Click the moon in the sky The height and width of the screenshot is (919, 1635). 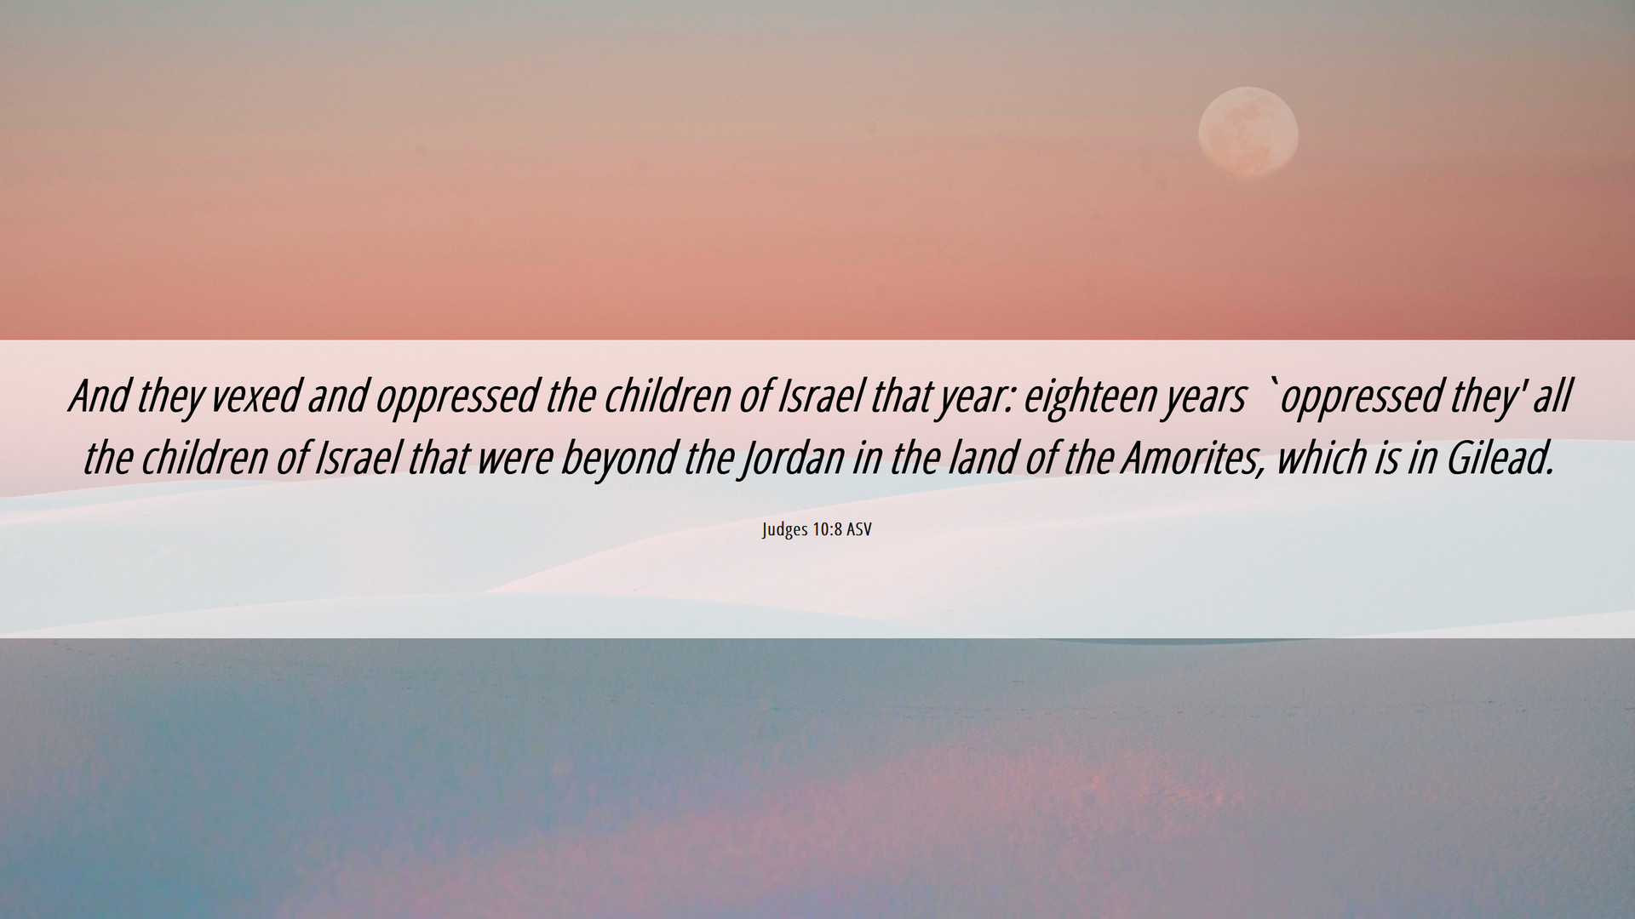click(1248, 133)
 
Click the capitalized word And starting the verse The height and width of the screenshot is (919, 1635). click(100, 396)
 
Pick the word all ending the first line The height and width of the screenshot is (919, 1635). click(1552, 396)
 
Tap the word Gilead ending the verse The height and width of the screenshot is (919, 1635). click(1501, 458)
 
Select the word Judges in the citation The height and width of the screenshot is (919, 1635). click(785, 530)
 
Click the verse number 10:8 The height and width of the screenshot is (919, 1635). click(827, 529)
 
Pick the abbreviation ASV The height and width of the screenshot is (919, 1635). click(859, 529)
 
